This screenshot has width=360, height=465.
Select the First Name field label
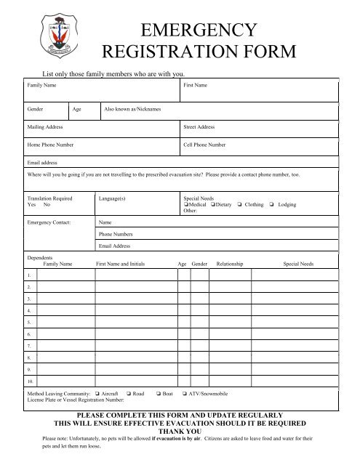(196, 86)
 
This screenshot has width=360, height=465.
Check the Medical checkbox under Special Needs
(187, 205)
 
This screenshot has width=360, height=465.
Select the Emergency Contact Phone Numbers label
(116, 234)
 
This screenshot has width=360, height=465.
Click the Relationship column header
(230, 264)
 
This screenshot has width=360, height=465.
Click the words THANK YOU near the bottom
(180, 431)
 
